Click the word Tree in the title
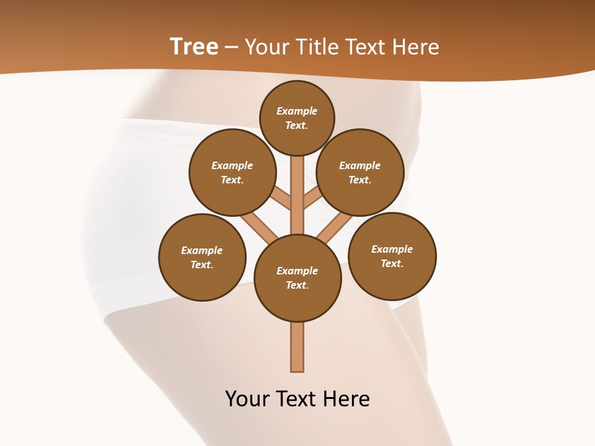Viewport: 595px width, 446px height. [x=194, y=46]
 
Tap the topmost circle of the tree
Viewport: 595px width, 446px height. [x=297, y=118]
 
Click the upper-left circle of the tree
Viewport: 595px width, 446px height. [x=232, y=172]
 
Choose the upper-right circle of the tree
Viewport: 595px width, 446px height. [x=360, y=172]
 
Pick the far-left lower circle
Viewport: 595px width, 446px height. [x=202, y=257]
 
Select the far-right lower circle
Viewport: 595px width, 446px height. [x=392, y=256]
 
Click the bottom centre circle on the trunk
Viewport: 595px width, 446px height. [x=297, y=278]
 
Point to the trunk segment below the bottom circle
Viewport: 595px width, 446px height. [x=297, y=347]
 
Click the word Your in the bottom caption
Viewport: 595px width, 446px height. [x=247, y=398]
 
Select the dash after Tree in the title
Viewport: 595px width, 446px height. [x=231, y=47]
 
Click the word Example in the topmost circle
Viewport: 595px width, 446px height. [x=297, y=111]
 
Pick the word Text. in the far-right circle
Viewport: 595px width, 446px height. [x=392, y=263]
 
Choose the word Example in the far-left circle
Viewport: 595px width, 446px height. [x=202, y=250]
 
